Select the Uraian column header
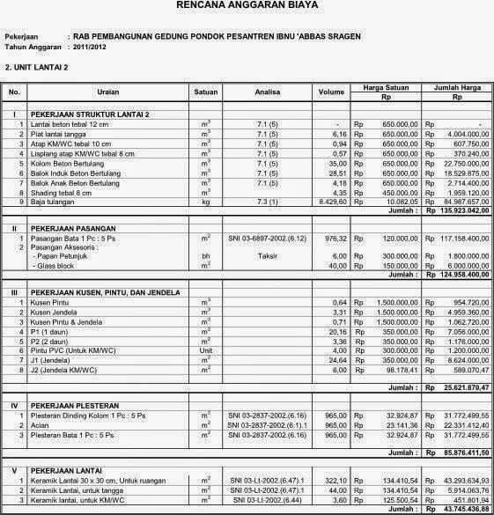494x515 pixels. [108, 91]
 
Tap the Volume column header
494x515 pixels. [331, 91]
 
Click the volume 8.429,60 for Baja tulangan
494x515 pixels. [333, 202]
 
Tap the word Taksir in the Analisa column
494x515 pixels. [255, 256]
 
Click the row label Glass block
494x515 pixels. [56, 266]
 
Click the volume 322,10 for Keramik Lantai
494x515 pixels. [336, 481]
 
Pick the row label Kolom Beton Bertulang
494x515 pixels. [75, 163]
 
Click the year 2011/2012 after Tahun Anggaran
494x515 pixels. [93, 46]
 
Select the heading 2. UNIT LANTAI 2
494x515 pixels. [36, 66]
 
